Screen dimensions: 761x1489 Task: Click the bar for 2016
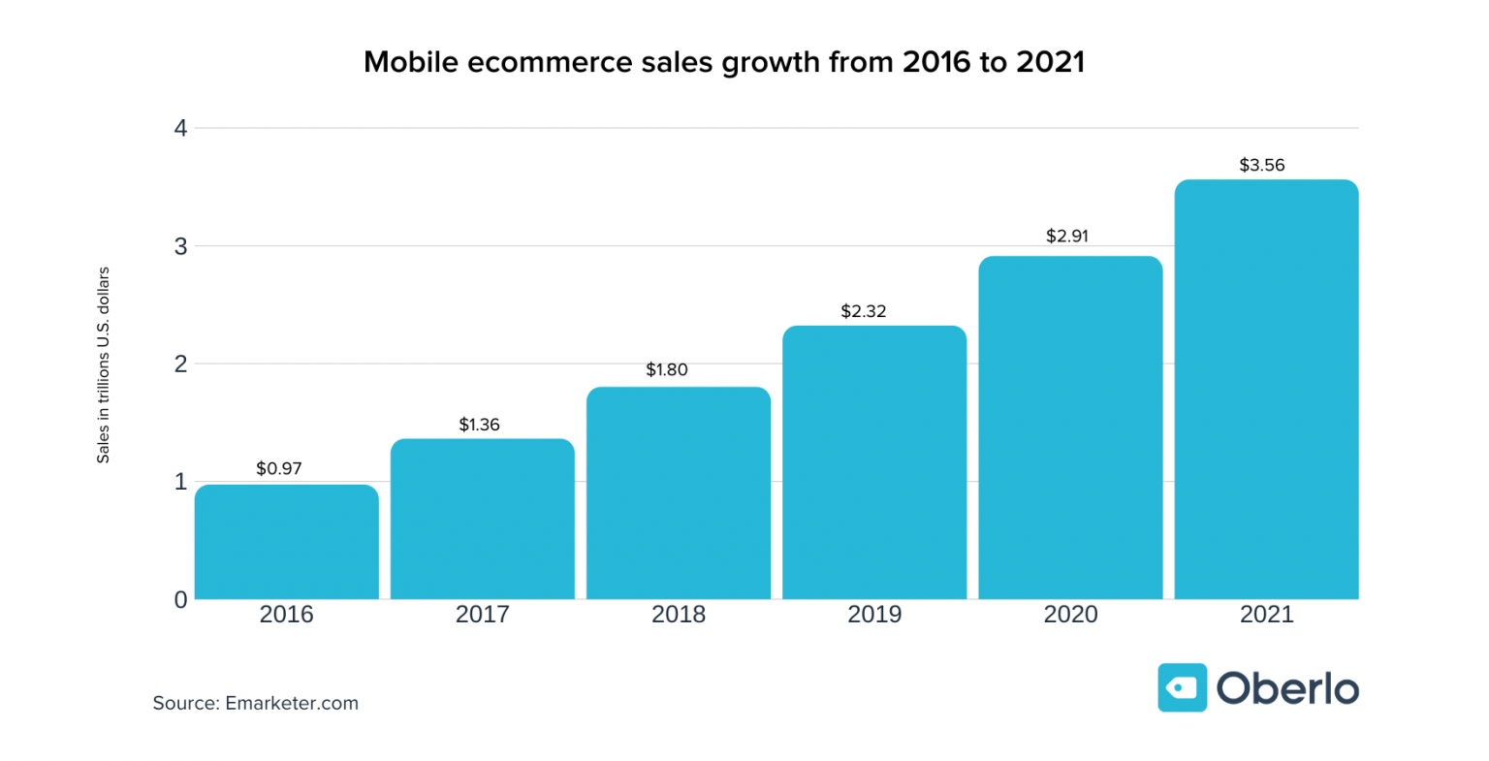tap(286, 542)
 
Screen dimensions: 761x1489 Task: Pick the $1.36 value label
tap(479, 425)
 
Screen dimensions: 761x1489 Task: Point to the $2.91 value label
tap(1066, 236)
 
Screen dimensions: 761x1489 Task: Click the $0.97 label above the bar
tap(279, 468)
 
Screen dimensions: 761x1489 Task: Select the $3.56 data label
tap(1261, 165)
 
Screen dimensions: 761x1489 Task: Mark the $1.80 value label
tap(667, 369)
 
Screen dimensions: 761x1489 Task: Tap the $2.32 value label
tap(863, 311)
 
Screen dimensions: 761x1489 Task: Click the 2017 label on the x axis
tap(482, 615)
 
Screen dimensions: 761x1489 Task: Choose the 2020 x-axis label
tap(1070, 615)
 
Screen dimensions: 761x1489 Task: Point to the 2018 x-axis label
tap(678, 615)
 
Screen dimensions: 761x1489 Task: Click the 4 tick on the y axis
tap(180, 128)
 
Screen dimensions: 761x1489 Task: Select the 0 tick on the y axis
tap(180, 600)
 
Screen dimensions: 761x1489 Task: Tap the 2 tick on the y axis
tap(180, 365)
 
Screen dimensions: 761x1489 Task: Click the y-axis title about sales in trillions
tap(103, 365)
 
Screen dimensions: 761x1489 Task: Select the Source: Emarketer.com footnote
tap(255, 703)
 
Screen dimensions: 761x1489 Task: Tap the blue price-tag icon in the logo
tap(1182, 688)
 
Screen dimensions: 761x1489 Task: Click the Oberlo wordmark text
tap(1287, 688)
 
